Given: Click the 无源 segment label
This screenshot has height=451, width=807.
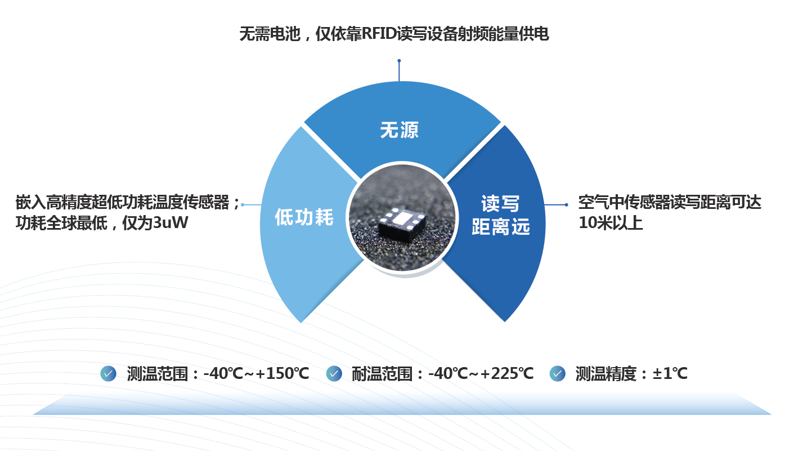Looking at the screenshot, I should [399, 131].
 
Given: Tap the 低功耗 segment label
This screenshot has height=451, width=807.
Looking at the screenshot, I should [304, 217].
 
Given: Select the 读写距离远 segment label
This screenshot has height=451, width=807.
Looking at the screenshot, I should [501, 215].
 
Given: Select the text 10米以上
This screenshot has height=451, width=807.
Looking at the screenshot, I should [611, 223].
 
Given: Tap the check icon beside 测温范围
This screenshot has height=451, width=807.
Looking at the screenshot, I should [108, 373].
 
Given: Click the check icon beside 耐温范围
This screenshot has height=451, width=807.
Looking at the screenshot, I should [334, 373].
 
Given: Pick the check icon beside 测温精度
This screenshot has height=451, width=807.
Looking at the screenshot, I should [557, 373].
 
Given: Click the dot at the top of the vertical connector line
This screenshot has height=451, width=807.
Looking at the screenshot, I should [399, 61].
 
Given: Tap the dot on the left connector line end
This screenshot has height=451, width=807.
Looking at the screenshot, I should [243, 204].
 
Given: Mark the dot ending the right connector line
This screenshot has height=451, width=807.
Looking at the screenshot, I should [566, 204].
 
